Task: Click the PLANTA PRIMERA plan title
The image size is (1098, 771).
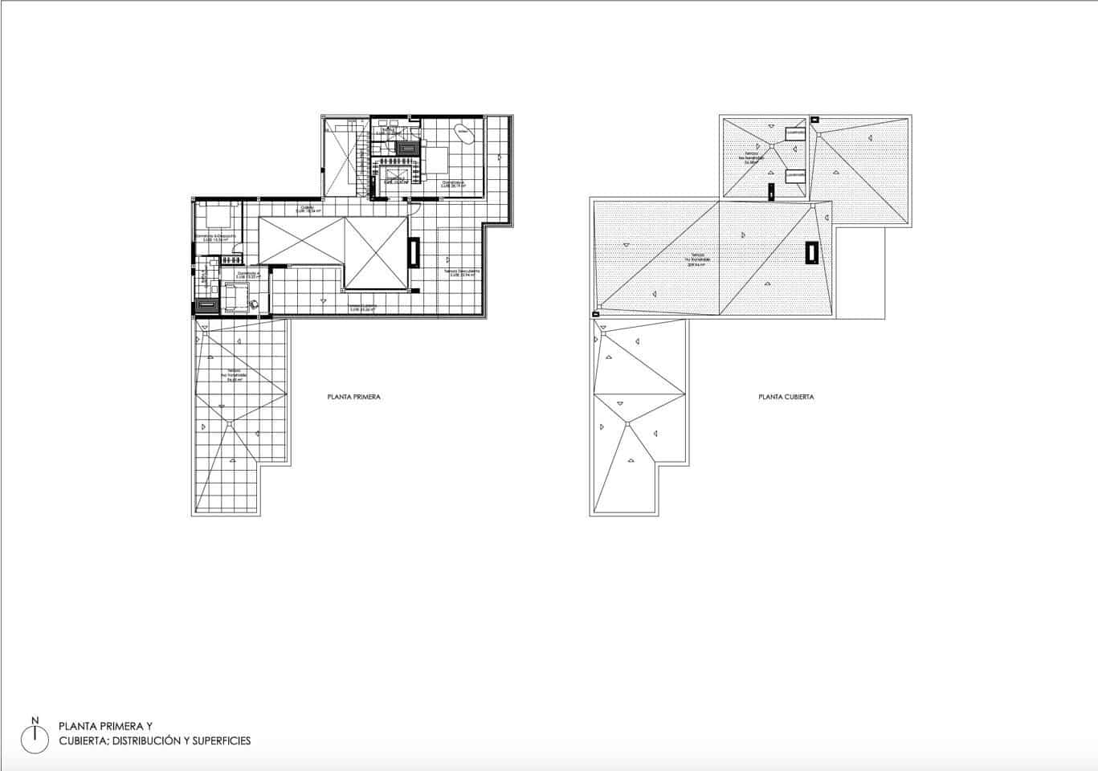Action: [353, 397]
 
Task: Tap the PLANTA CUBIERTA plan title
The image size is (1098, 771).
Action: [786, 397]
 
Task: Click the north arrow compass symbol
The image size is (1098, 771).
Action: [35, 735]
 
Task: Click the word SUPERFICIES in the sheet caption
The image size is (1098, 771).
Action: [220, 740]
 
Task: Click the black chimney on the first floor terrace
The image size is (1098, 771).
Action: [414, 252]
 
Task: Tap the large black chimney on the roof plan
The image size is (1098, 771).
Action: [812, 252]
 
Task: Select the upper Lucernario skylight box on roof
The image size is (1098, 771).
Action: [795, 133]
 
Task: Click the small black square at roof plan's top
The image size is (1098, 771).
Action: [814, 120]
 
